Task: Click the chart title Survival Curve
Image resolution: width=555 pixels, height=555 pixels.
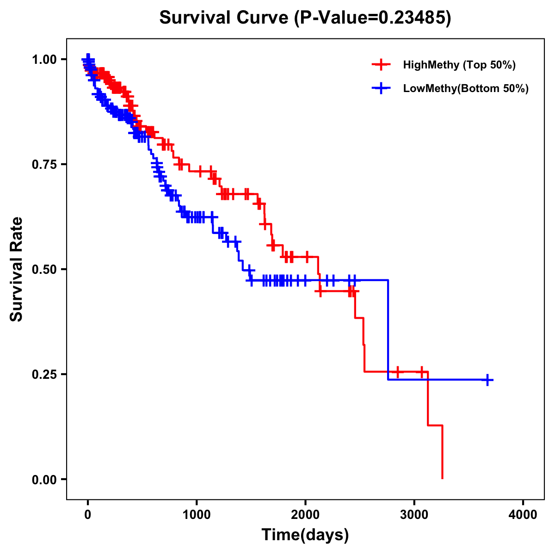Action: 225,18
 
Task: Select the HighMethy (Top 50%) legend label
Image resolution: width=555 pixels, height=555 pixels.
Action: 459,65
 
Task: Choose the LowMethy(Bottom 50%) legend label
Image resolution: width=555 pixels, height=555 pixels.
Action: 466,88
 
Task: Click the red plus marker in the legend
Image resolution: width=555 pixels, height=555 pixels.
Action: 381,65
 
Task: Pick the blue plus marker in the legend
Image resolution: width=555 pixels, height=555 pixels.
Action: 381,88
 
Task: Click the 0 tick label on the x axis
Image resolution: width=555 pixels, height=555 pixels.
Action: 88,514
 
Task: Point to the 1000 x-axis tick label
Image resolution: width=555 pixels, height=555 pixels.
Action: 197,514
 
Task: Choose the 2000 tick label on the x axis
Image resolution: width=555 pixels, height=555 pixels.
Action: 305,514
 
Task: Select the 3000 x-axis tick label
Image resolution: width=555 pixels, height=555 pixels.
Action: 414,514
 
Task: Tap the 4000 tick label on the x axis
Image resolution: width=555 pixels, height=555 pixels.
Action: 523,514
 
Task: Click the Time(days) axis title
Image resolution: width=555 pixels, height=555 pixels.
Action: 305,535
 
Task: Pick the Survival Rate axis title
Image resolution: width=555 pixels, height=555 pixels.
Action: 17,269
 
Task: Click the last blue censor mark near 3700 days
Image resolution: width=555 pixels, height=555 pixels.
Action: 487,380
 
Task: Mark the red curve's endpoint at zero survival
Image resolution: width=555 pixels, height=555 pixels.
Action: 443,478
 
